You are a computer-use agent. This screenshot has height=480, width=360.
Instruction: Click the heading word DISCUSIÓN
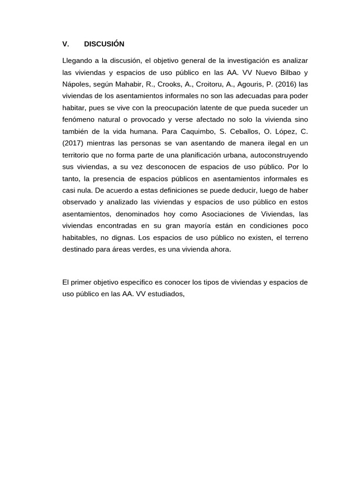104,44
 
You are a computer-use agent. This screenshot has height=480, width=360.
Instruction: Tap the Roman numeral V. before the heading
66,44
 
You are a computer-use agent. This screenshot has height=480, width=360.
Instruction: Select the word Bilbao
288,73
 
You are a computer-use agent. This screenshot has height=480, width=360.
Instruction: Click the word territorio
76,155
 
